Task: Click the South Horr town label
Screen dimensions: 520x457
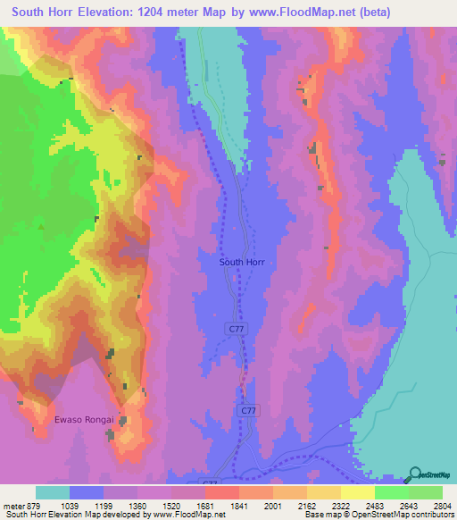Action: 242,263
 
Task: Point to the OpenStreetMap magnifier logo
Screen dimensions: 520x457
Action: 415,474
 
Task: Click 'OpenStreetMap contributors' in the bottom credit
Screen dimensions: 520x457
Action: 404,515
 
